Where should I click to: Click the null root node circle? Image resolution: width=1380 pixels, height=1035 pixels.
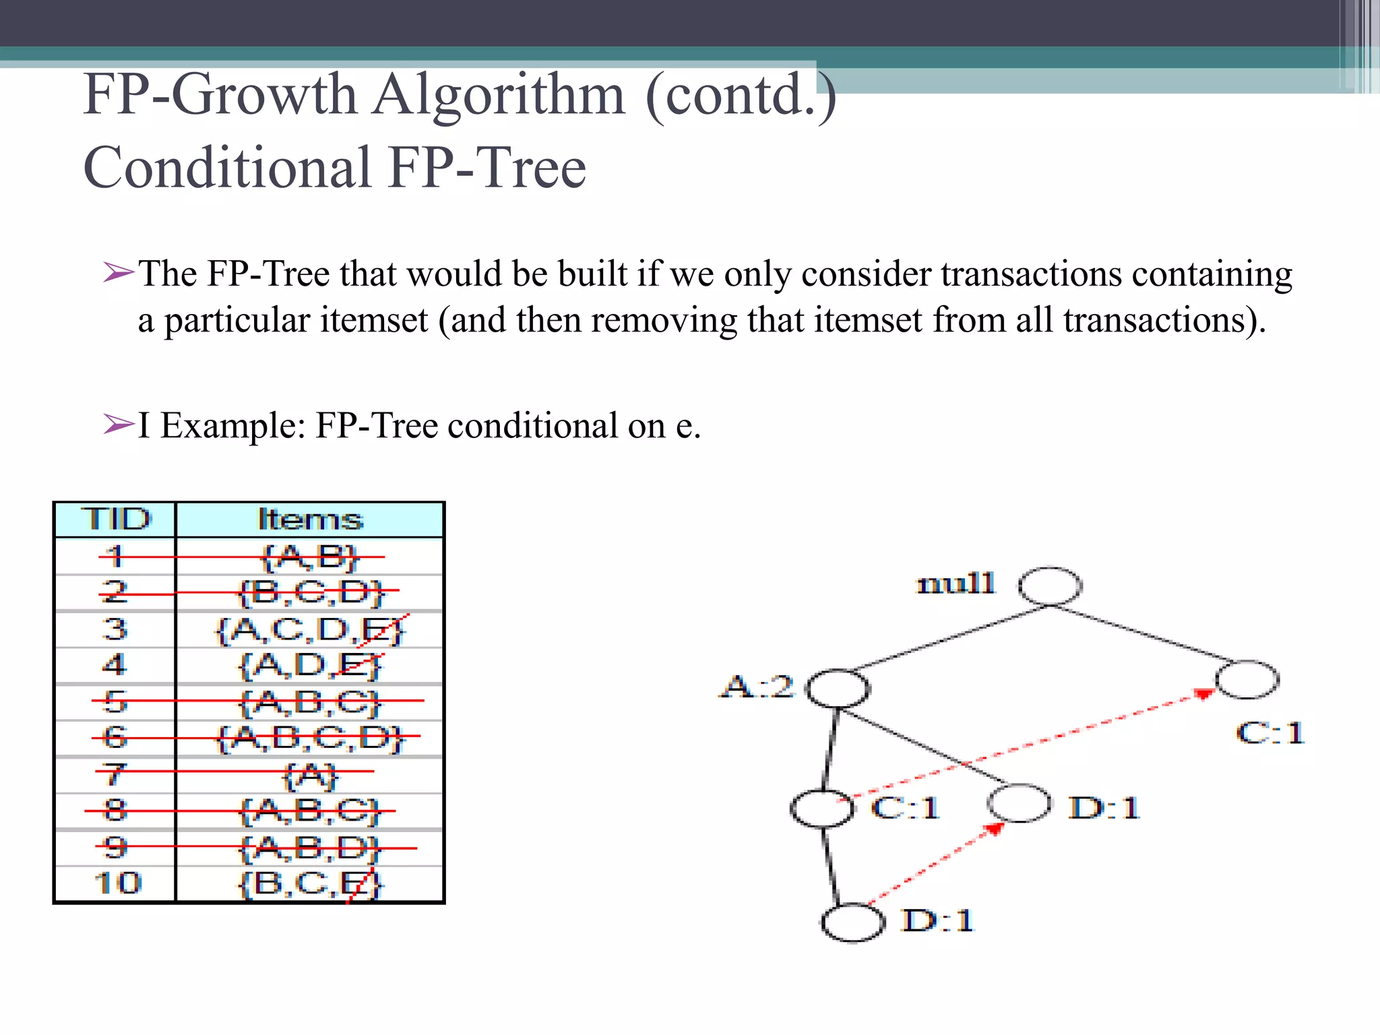coord(1050,586)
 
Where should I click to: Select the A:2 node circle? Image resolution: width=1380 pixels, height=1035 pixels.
coord(838,688)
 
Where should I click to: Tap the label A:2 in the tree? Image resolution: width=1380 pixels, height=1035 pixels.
coord(757,687)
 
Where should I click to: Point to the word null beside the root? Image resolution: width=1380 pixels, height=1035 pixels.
coord(955,584)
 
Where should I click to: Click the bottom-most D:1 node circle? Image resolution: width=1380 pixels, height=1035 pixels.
coord(852,922)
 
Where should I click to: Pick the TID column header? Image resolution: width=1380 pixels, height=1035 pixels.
coord(116,520)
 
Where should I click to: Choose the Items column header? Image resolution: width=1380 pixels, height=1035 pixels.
coord(310,520)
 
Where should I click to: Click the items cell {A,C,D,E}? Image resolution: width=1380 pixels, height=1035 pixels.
coord(310,630)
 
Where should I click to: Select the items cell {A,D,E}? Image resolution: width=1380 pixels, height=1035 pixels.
coord(310,666)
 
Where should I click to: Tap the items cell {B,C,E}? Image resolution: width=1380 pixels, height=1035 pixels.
coord(310,883)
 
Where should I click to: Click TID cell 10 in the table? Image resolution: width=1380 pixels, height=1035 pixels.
coord(117,883)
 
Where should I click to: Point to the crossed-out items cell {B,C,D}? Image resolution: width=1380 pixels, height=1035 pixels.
coord(310,593)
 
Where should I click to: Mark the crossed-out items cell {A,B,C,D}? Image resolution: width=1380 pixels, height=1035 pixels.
coord(310,738)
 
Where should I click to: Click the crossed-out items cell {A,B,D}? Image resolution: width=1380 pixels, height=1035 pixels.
coord(310,848)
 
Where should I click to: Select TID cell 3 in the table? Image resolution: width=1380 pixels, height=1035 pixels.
coord(115,629)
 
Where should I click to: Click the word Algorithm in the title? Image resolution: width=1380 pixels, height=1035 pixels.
coord(499,95)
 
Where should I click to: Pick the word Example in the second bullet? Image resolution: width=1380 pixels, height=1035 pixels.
coord(233,426)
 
